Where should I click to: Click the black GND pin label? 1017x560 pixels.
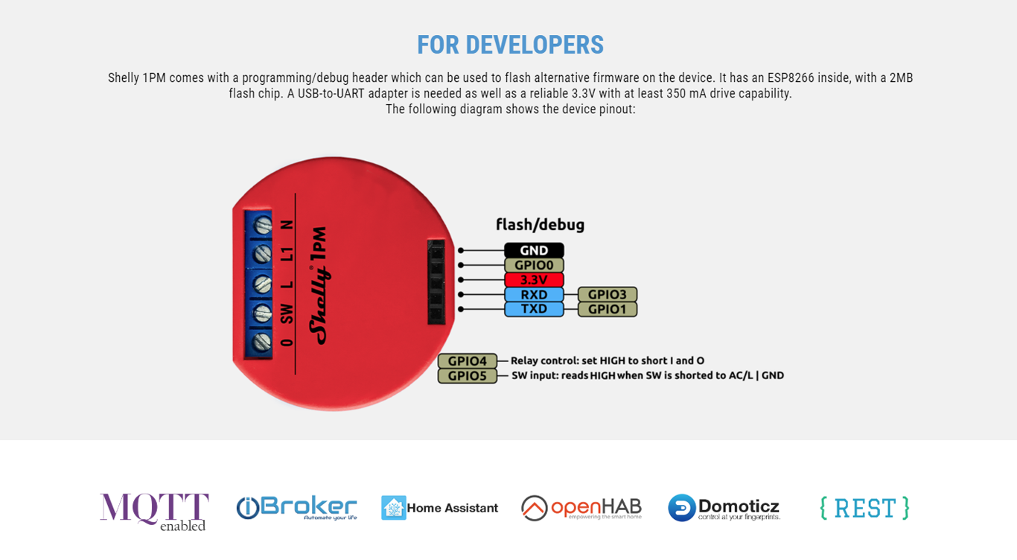click(534, 250)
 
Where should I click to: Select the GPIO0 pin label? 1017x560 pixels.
click(534, 265)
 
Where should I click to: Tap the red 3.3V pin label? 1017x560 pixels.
click(534, 280)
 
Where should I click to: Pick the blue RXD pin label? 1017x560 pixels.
click(534, 294)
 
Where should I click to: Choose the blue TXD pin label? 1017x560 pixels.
click(534, 309)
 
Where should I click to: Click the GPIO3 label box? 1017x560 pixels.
click(608, 294)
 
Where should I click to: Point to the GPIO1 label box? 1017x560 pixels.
click(608, 309)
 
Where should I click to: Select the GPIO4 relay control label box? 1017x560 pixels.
click(468, 361)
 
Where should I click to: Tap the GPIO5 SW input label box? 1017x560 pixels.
click(468, 376)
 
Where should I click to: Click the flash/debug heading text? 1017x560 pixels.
click(540, 224)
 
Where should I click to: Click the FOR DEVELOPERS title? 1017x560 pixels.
click(510, 45)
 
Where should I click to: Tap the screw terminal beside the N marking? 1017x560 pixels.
click(262, 225)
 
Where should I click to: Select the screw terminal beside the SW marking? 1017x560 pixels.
click(262, 313)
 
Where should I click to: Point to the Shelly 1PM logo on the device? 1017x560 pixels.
click(319, 286)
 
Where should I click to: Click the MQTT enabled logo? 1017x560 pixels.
click(154, 512)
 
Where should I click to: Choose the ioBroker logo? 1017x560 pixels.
click(296, 508)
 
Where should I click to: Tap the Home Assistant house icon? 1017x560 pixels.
click(394, 508)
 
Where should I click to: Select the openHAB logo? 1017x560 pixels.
click(581, 508)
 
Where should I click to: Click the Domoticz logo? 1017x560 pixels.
click(724, 508)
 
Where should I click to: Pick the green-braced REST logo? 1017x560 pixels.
click(864, 508)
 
